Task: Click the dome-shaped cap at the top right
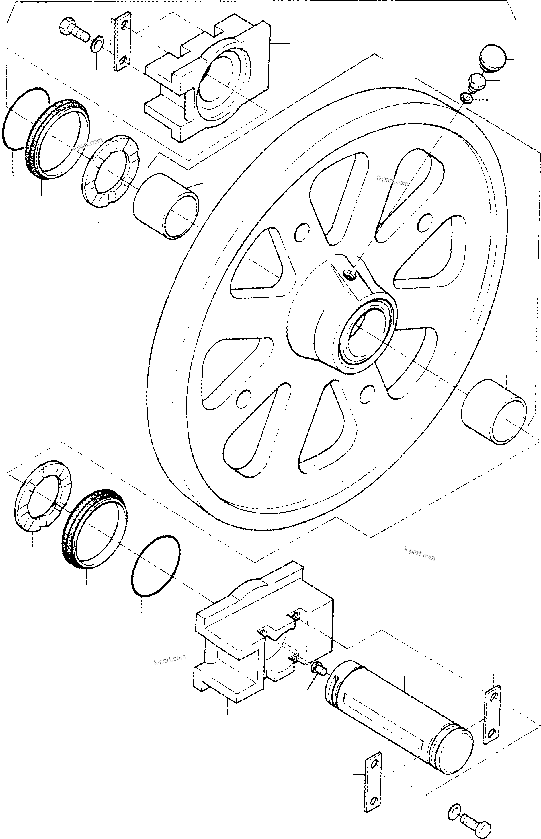pos(493,58)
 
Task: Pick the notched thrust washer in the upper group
pos(110,171)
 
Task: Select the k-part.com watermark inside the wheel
pos(392,181)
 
